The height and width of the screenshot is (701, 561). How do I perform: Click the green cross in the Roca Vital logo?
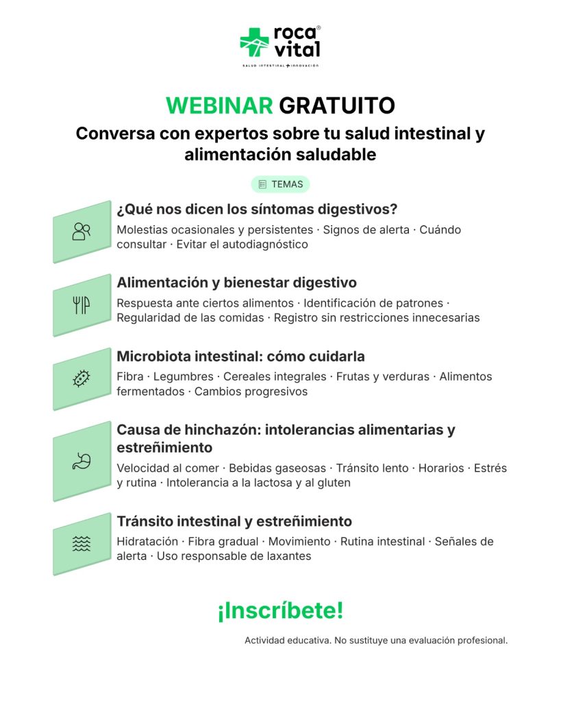254,42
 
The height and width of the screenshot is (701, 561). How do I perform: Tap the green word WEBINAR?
219,106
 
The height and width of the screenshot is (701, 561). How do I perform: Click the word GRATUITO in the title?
337,106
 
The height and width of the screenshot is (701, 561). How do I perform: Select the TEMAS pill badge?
281,184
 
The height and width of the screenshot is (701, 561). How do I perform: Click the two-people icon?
82,231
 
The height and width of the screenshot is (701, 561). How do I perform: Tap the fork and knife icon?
82,305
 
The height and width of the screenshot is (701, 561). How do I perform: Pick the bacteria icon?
82,379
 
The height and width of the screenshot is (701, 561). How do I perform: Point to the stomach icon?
82,461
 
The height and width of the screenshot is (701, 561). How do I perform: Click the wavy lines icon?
82,544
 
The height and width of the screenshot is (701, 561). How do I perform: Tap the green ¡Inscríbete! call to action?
281,611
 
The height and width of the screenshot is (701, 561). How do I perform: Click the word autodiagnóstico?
265,244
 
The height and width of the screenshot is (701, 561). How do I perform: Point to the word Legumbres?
184,377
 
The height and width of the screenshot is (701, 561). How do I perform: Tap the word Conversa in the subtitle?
116,133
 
